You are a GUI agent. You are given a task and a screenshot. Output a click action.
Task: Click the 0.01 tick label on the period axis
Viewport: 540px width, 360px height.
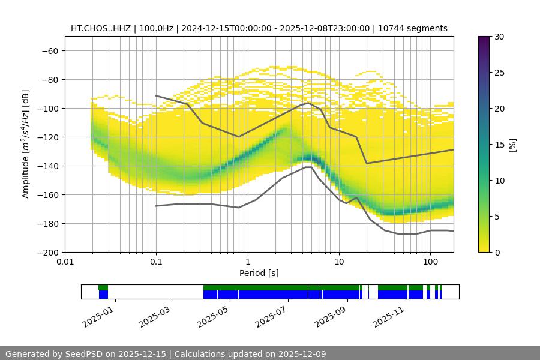65,262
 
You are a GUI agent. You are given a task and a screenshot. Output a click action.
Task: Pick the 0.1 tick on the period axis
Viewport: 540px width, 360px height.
156,262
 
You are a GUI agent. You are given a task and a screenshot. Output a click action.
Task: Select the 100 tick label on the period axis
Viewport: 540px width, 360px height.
430,262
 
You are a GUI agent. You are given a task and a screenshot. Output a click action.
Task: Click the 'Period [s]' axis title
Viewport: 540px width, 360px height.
259,273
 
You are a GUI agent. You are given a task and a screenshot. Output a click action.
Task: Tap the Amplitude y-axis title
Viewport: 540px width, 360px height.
26,144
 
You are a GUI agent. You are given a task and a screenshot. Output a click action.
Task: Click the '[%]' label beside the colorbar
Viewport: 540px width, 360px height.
512,145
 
